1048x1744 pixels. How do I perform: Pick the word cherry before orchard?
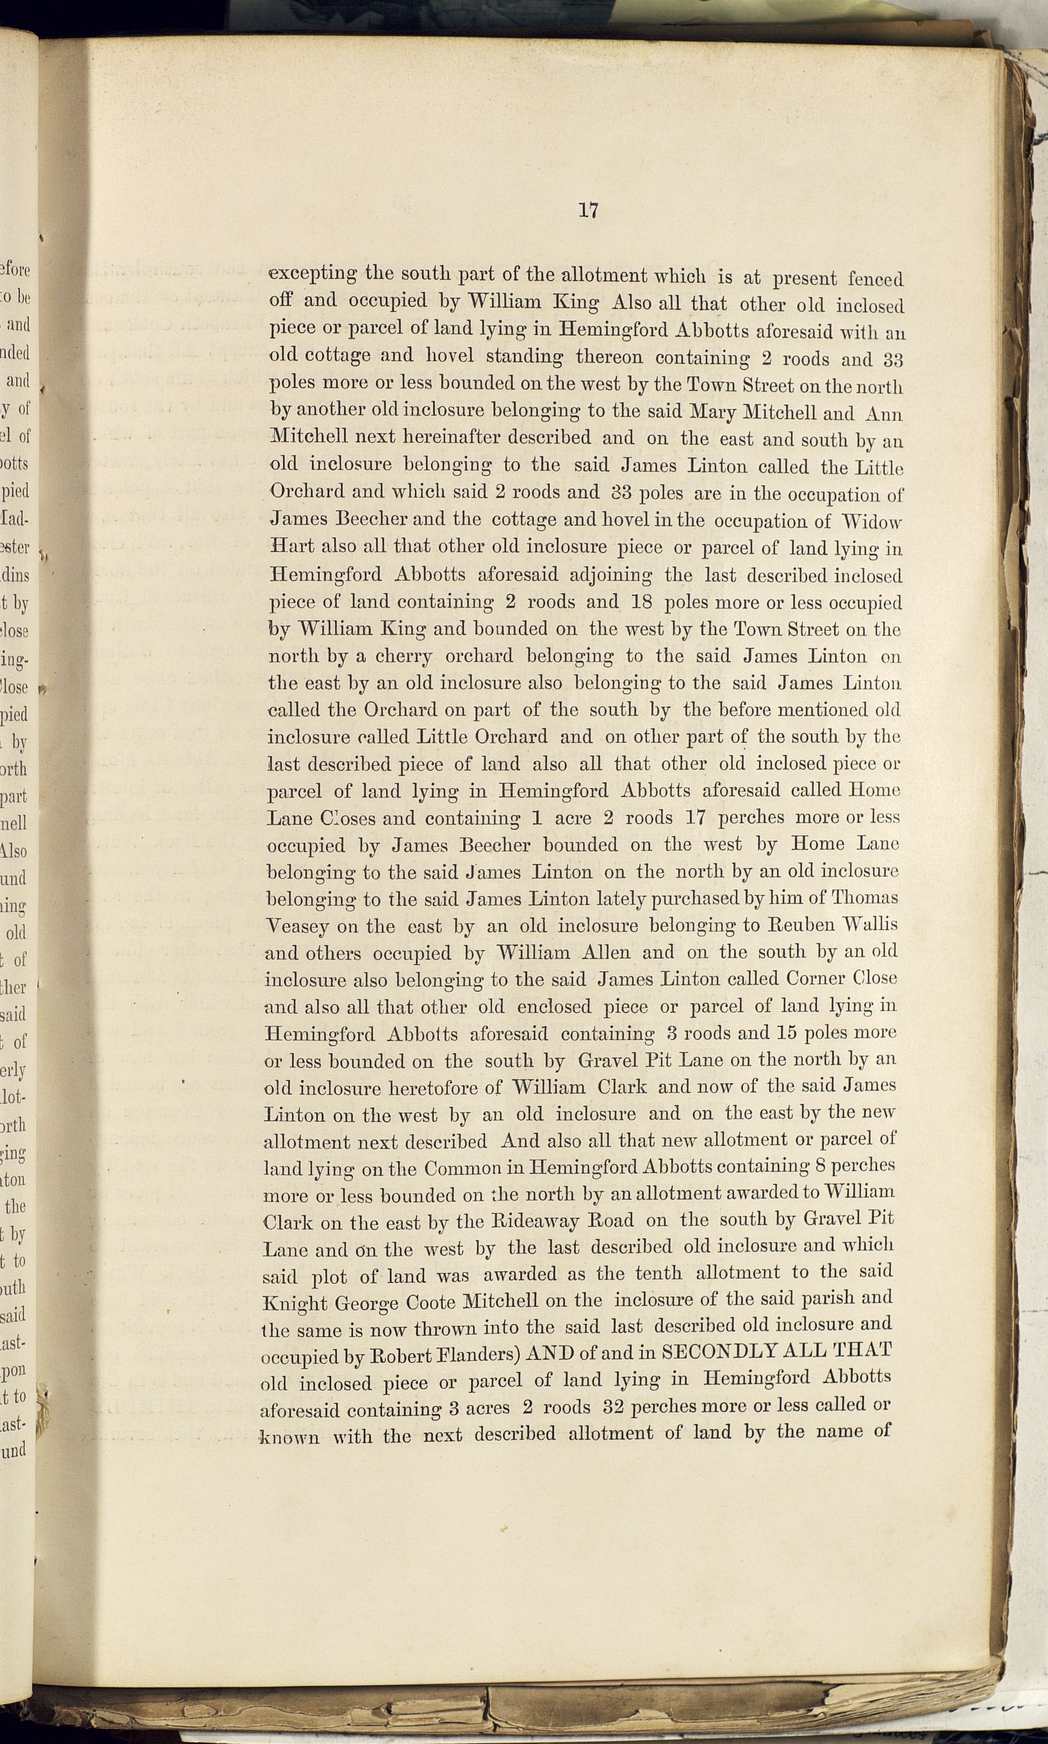(x=402, y=656)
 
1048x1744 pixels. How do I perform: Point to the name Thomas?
(x=864, y=898)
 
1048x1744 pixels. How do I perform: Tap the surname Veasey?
(x=296, y=926)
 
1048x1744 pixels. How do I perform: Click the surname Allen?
(x=605, y=952)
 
